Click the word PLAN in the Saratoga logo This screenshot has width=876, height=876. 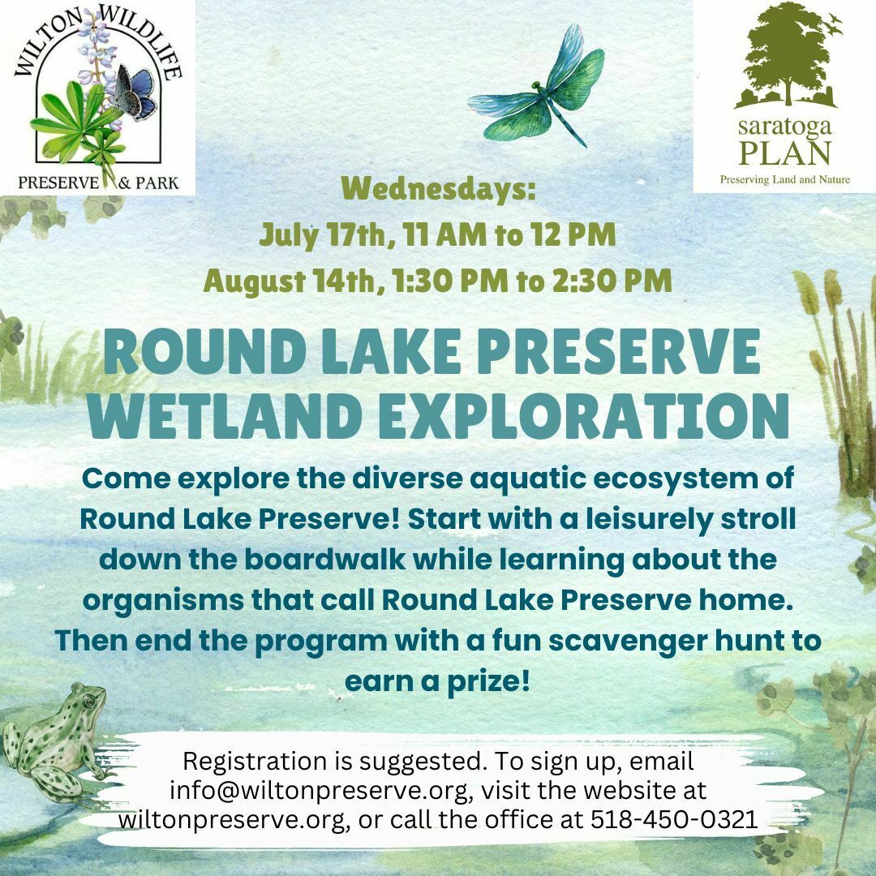[x=785, y=152]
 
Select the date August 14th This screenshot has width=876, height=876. [x=294, y=281]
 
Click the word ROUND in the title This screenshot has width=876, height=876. [x=204, y=351]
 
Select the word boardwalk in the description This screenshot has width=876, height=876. [x=325, y=559]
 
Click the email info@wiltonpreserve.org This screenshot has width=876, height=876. [x=319, y=791]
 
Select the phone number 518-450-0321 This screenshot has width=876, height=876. [x=674, y=819]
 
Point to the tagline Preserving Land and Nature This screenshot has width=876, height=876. [x=784, y=180]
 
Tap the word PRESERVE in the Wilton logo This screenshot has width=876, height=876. [x=58, y=182]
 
